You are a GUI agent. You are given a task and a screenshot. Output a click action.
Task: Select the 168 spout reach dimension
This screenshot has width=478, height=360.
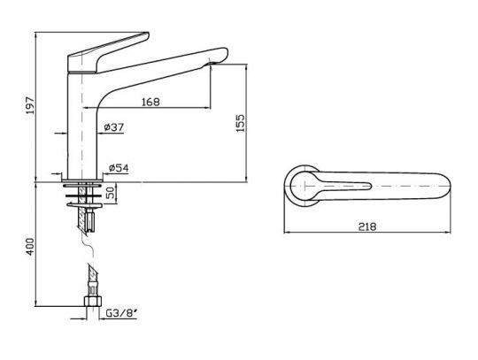[x=150, y=102]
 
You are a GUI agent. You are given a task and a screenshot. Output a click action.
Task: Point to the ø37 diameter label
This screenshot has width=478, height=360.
[x=113, y=129]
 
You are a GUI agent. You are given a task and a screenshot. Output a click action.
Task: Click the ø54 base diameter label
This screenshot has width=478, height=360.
[x=119, y=167]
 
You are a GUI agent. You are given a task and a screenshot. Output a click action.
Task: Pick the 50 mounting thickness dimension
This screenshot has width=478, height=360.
[x=110, y=192]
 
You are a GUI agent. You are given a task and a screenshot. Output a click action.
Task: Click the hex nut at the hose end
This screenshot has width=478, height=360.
[x=89, y=306]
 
